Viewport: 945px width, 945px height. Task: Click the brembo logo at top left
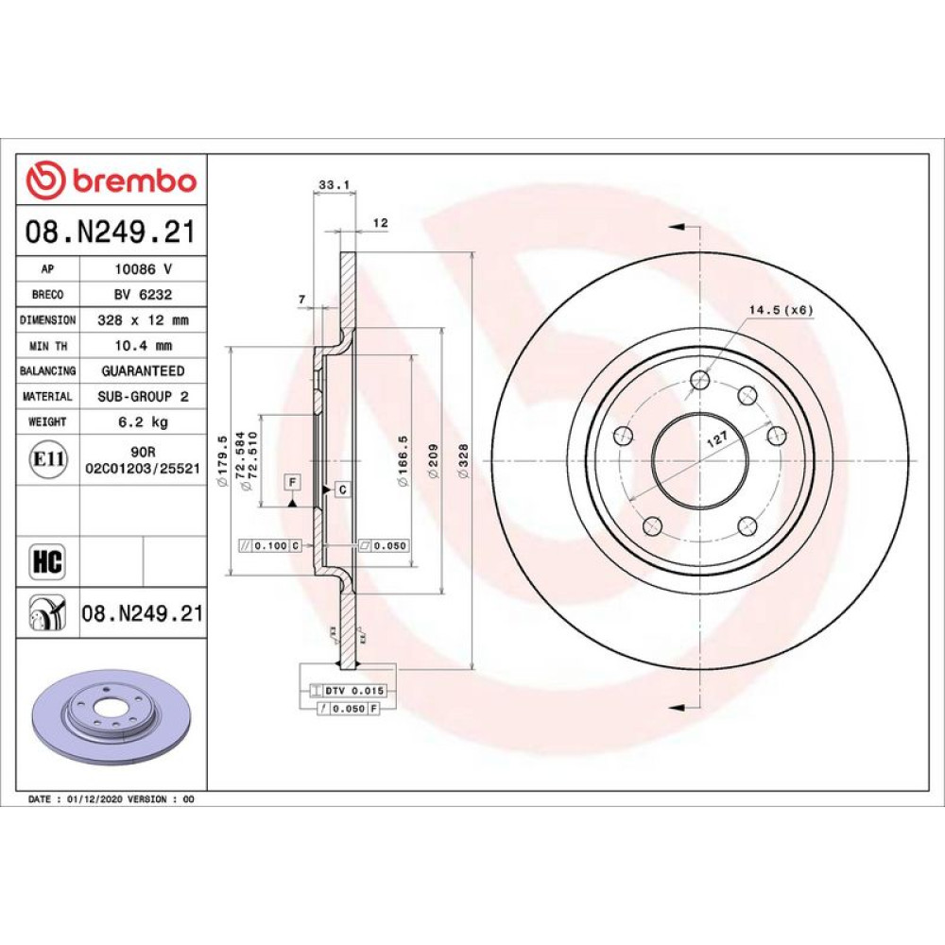pyautogui.click(x=112, y=180)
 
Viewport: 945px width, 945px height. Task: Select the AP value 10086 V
pyautogui.click(x=144, y=269)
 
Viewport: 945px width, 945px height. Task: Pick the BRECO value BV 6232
pyautogui.click(x=144, y=295)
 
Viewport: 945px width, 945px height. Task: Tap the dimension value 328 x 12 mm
pyautogui.click(x=144, y=320)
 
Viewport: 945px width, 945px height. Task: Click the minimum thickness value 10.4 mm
pyautogui.click(x=144, y=346)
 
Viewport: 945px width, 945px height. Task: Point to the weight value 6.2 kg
pyautogui.click(x=144, y=421)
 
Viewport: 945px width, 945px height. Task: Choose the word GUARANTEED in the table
pyautogui.click(x=144, y=371)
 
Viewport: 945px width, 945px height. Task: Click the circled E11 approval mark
pyautogui.click(x=48, y=459)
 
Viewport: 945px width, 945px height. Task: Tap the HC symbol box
pyautogui.click(x=47, y=561)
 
